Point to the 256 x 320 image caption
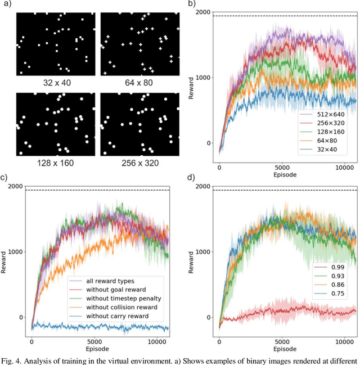coord(140,163)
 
